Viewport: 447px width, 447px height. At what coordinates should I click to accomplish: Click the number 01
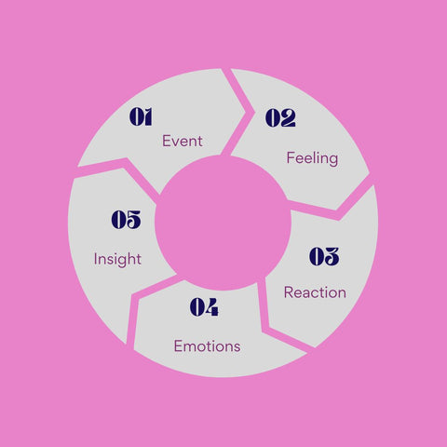pyautogui.click(x=141, y=116)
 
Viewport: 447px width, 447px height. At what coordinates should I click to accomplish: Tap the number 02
pyautogui.click(x=280, y=117)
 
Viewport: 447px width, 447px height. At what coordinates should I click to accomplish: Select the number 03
pyautogui.click(x=324, y=256)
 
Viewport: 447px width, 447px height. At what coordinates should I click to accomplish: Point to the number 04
pyautogui.click(x=204, y=307)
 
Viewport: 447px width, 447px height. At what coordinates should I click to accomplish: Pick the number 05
pyautogui.click(x=126, y=220)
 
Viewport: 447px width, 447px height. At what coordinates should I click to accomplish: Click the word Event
pyautogui.click(x=183, y=141)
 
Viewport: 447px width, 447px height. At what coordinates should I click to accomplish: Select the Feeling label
pyautogui.click(x=312, y=158)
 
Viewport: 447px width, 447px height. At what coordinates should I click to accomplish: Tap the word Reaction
pyautogui.click(x=315, y=292)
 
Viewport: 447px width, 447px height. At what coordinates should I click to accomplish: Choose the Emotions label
pyautogui.click(x=207, y=345)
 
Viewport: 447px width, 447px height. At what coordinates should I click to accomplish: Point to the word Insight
pyautogui.click(x=117, y=260)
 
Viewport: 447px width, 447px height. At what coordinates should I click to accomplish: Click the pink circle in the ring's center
pyautogui.click(x=223, y=223)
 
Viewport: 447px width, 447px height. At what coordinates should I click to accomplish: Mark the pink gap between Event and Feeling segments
pyautogui.click(x=239, y=113)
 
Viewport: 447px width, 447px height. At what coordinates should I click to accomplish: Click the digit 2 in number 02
pyautogui.click(x=288, y=117)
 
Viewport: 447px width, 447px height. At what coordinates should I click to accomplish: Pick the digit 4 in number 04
pyautogui.click(x=211, y=307)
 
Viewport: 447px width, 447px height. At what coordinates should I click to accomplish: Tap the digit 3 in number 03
pyautogui.click(x=332, y=256)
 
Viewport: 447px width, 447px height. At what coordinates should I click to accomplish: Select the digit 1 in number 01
pyautogui.click(x=148, y=116)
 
